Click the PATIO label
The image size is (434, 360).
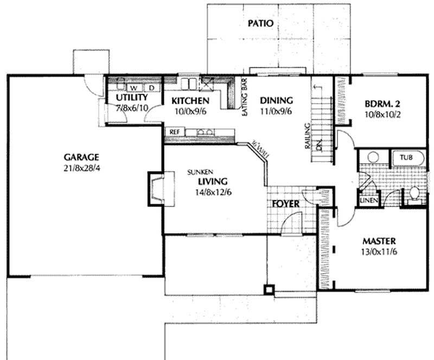coord(260,23)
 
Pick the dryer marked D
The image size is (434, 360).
coord(152,87)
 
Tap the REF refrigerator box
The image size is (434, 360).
coord(175,132)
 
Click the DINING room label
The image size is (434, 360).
coord(276,101)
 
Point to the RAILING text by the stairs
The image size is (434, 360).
coord(307,135)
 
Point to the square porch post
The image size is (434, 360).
coord(268,289)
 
